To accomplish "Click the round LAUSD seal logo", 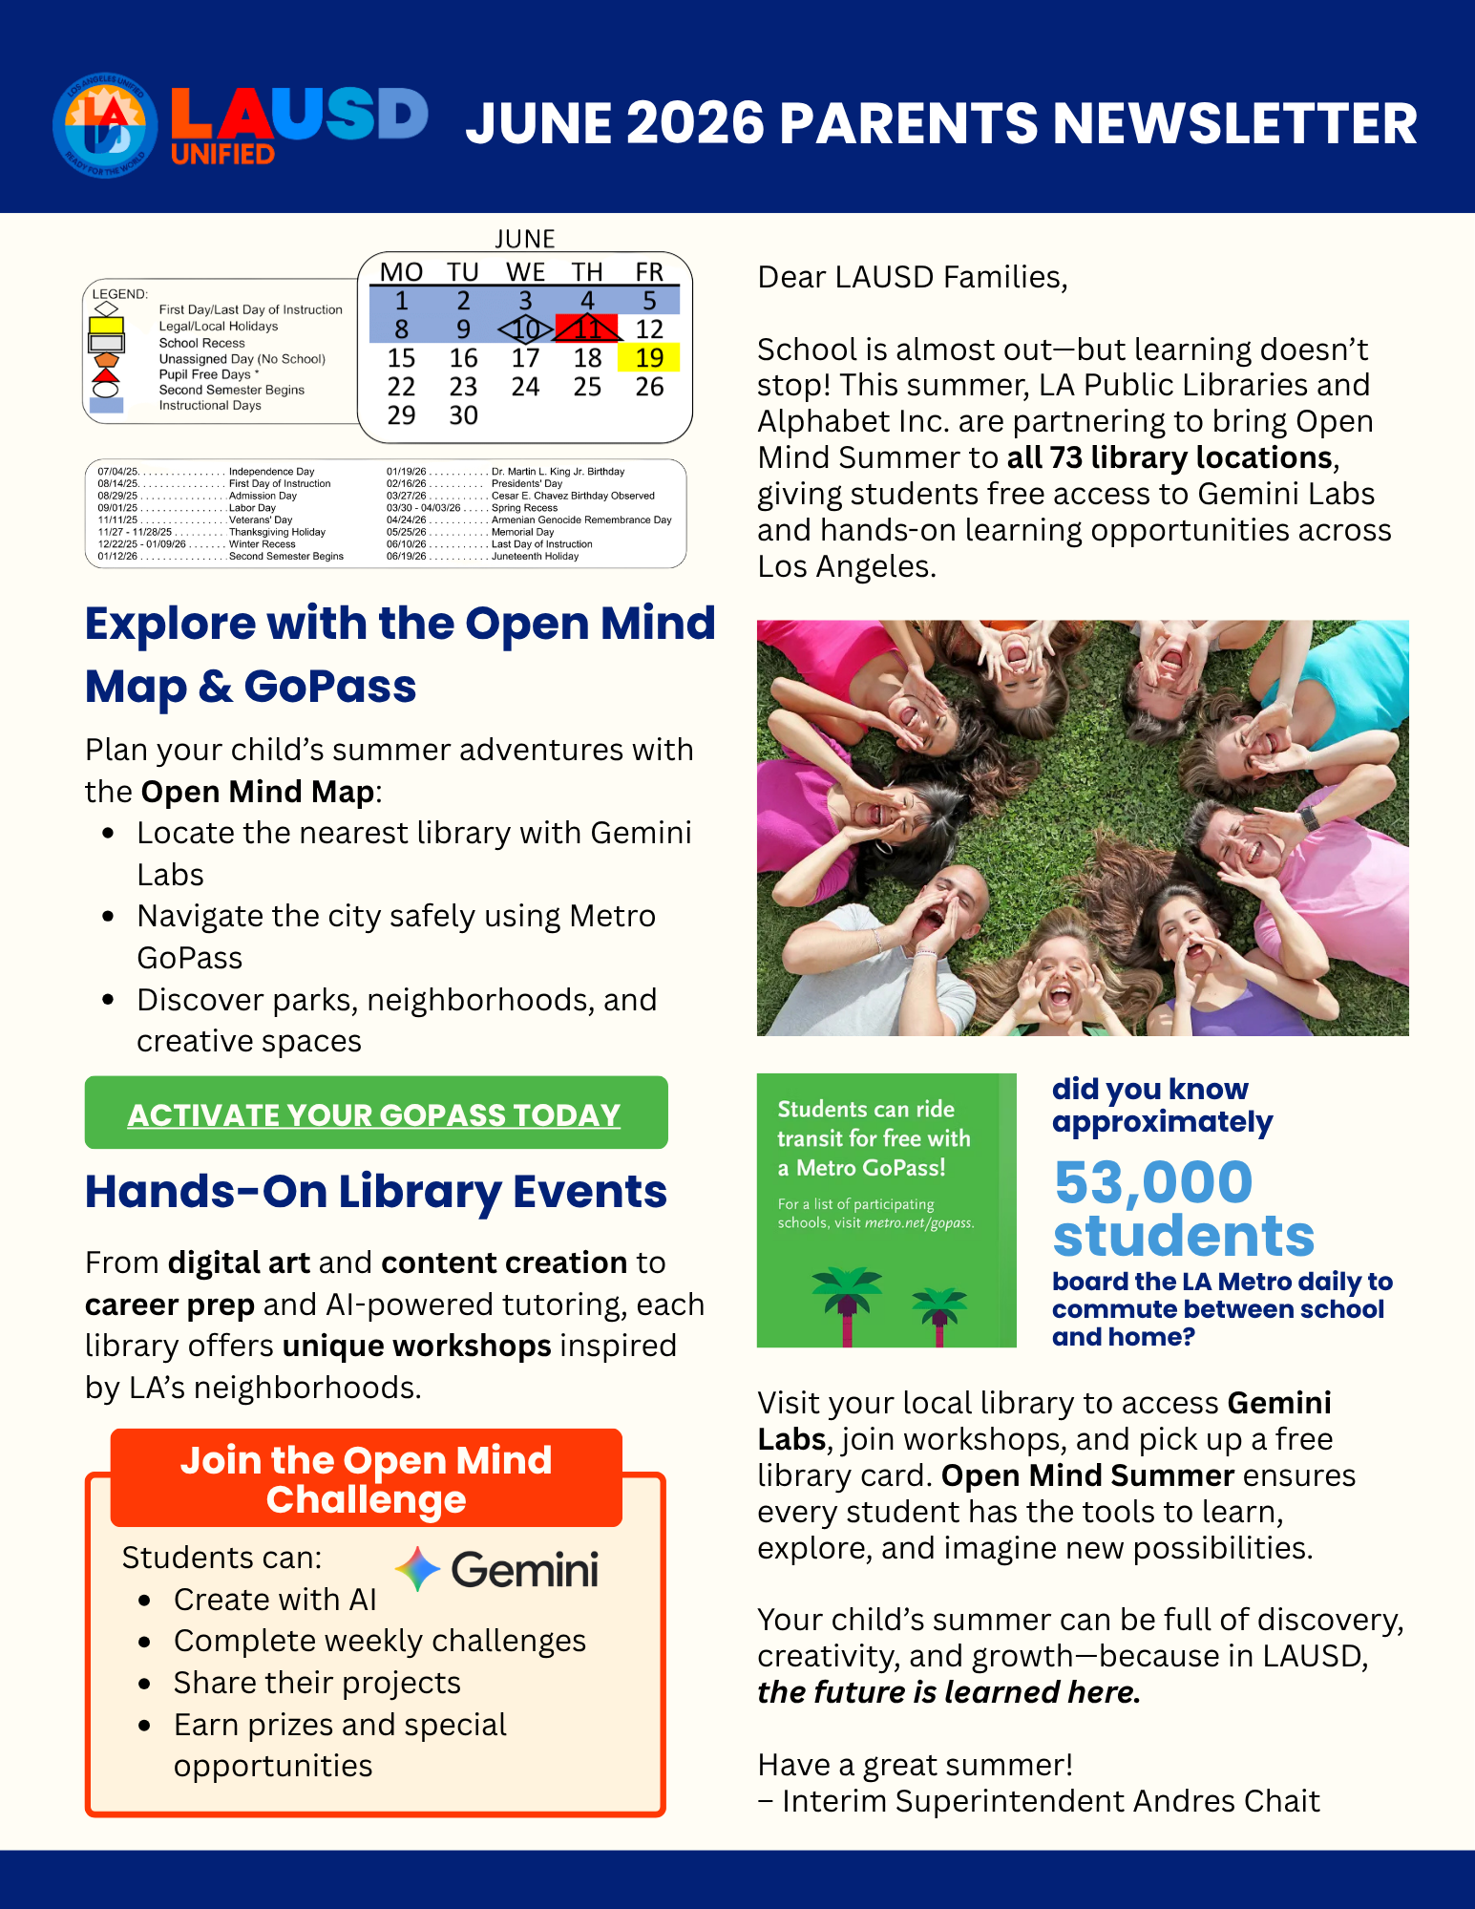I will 105,125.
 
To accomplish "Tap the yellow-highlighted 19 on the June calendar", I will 649,358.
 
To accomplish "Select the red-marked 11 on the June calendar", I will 588,329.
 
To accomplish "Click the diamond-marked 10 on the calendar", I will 525,329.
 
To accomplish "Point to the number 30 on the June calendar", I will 463,415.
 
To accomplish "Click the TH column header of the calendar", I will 587,272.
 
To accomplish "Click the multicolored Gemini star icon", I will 417,1569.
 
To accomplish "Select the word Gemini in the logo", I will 524,1570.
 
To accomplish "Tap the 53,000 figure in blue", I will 1153,1182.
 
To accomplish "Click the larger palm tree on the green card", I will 847,1303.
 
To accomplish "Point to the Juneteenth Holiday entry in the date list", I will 535,557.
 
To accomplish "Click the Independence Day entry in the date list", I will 271,472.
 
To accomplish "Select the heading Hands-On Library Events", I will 375,1192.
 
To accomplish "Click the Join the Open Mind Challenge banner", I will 366,1479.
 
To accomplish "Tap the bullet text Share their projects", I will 317,1683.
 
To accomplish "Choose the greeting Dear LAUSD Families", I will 912,277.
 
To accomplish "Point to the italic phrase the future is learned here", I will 948,1692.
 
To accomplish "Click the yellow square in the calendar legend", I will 106,326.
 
